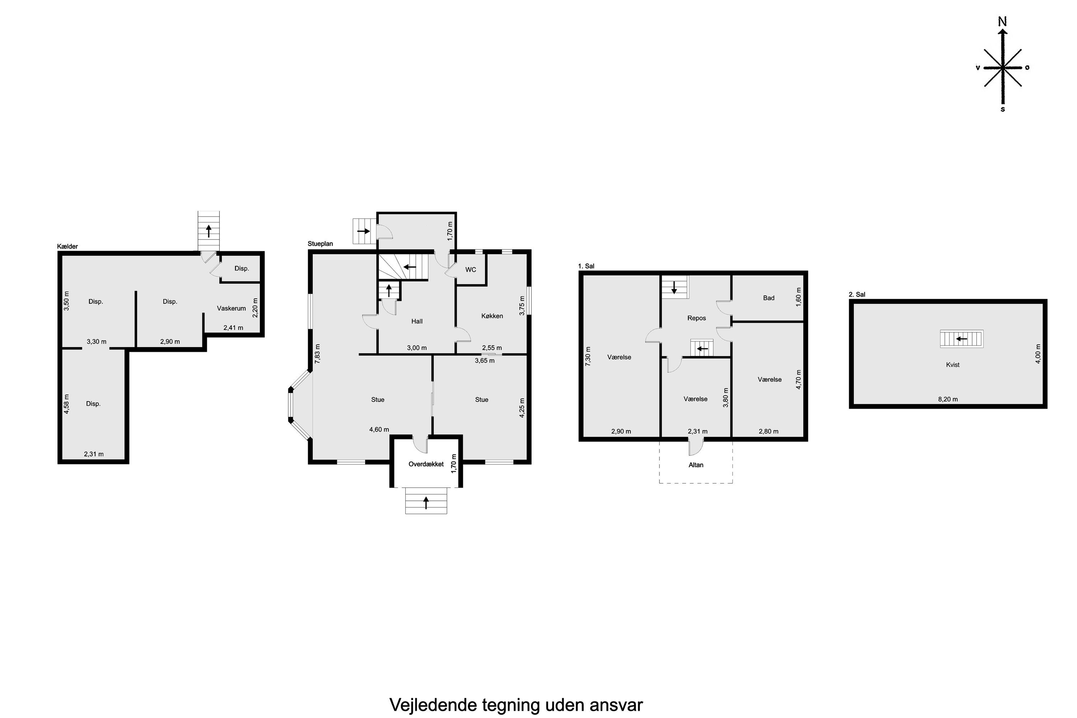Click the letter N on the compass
pyautogui.click(x=1002, y=22)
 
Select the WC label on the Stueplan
pyautogui.click(x=471, y=269)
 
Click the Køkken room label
pyautogui.click(x=492, y=316)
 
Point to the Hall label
pyautogui.click(x=417, y=321)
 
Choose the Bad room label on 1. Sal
pyautogui.click(x=769, y=298)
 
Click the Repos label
pyautogui.click(x=696, y=318)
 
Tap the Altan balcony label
pyautogui.click(x=696, y=465)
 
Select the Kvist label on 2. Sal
pyautogui.click(x=953, y=365)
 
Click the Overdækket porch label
pyautogui.click(x=426, y=464)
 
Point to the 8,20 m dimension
pyautogui.click(x=948, y=399)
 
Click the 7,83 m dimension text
pyautogui.click(x=318, y=354)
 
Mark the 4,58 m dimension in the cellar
pyautogui.click(x=66, y=404)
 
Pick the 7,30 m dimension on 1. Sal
pyautogui.click(x=588, y=356)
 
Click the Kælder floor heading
pyautogui.click(x=67, y=246)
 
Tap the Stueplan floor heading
pyautogui.click(x=321, y=244)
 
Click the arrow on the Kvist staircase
pyautogui.click(x=962, y=339)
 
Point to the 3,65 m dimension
pyautogui.click(x=484, y=360)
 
